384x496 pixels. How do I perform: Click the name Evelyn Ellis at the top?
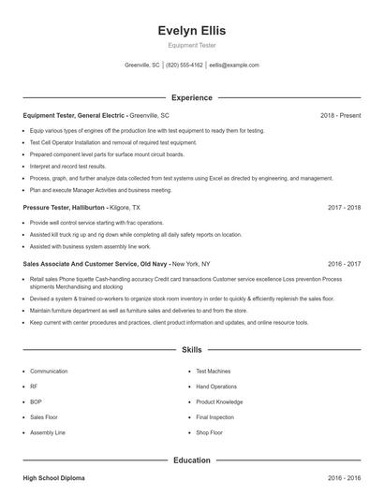[x=191, y=30]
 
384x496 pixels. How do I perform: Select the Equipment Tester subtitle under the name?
[x=191, y=45]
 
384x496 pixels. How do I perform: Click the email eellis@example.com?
[x=234, y=66]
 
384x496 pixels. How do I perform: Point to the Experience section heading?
[x=191, y=97]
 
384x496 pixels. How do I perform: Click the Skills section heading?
[x=191, y=349]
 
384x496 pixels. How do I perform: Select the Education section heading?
[x=191, y=460]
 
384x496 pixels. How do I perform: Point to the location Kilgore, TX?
[x=126, y=206]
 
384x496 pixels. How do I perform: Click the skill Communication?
[x=49, y=371]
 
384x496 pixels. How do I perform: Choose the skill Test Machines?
[x=214, y=371]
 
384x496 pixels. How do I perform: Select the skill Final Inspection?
[x=215, y=417]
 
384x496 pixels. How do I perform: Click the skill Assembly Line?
[x=48, y=432]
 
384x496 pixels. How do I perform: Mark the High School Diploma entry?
[x=53, y=478]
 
